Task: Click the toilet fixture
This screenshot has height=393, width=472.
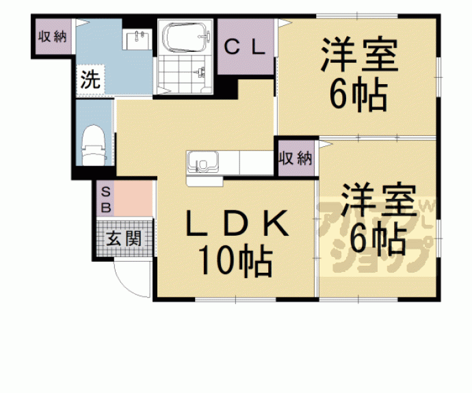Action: [x=93, y=145]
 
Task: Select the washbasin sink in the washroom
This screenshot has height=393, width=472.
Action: [x=137, y=39]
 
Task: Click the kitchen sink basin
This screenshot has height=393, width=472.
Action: [x=202, y=163]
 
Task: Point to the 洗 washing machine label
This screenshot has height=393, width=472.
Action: [x=90, y=80]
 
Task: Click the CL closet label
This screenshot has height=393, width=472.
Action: [x=245, y=47]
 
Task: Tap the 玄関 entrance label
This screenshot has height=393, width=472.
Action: [x=124, y=239]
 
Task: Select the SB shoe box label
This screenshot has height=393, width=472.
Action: [x=105, y=200]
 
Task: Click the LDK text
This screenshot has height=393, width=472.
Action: [x=237, y=223]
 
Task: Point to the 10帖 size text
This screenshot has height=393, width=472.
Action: [x=235, y=260]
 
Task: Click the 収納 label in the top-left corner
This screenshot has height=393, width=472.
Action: [x=53, y=37]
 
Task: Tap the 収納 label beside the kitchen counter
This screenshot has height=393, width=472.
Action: [x=296, y=158]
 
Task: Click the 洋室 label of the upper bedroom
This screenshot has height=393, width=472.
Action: [x=359, y=55]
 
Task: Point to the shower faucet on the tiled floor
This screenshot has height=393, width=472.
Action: [x=200, y=72]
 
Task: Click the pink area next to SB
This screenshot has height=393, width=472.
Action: [x=133, y=198]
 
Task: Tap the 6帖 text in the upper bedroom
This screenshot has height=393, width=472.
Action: [x=358, y=94]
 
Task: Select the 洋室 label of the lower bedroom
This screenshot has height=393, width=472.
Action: [x=378, y=200]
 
